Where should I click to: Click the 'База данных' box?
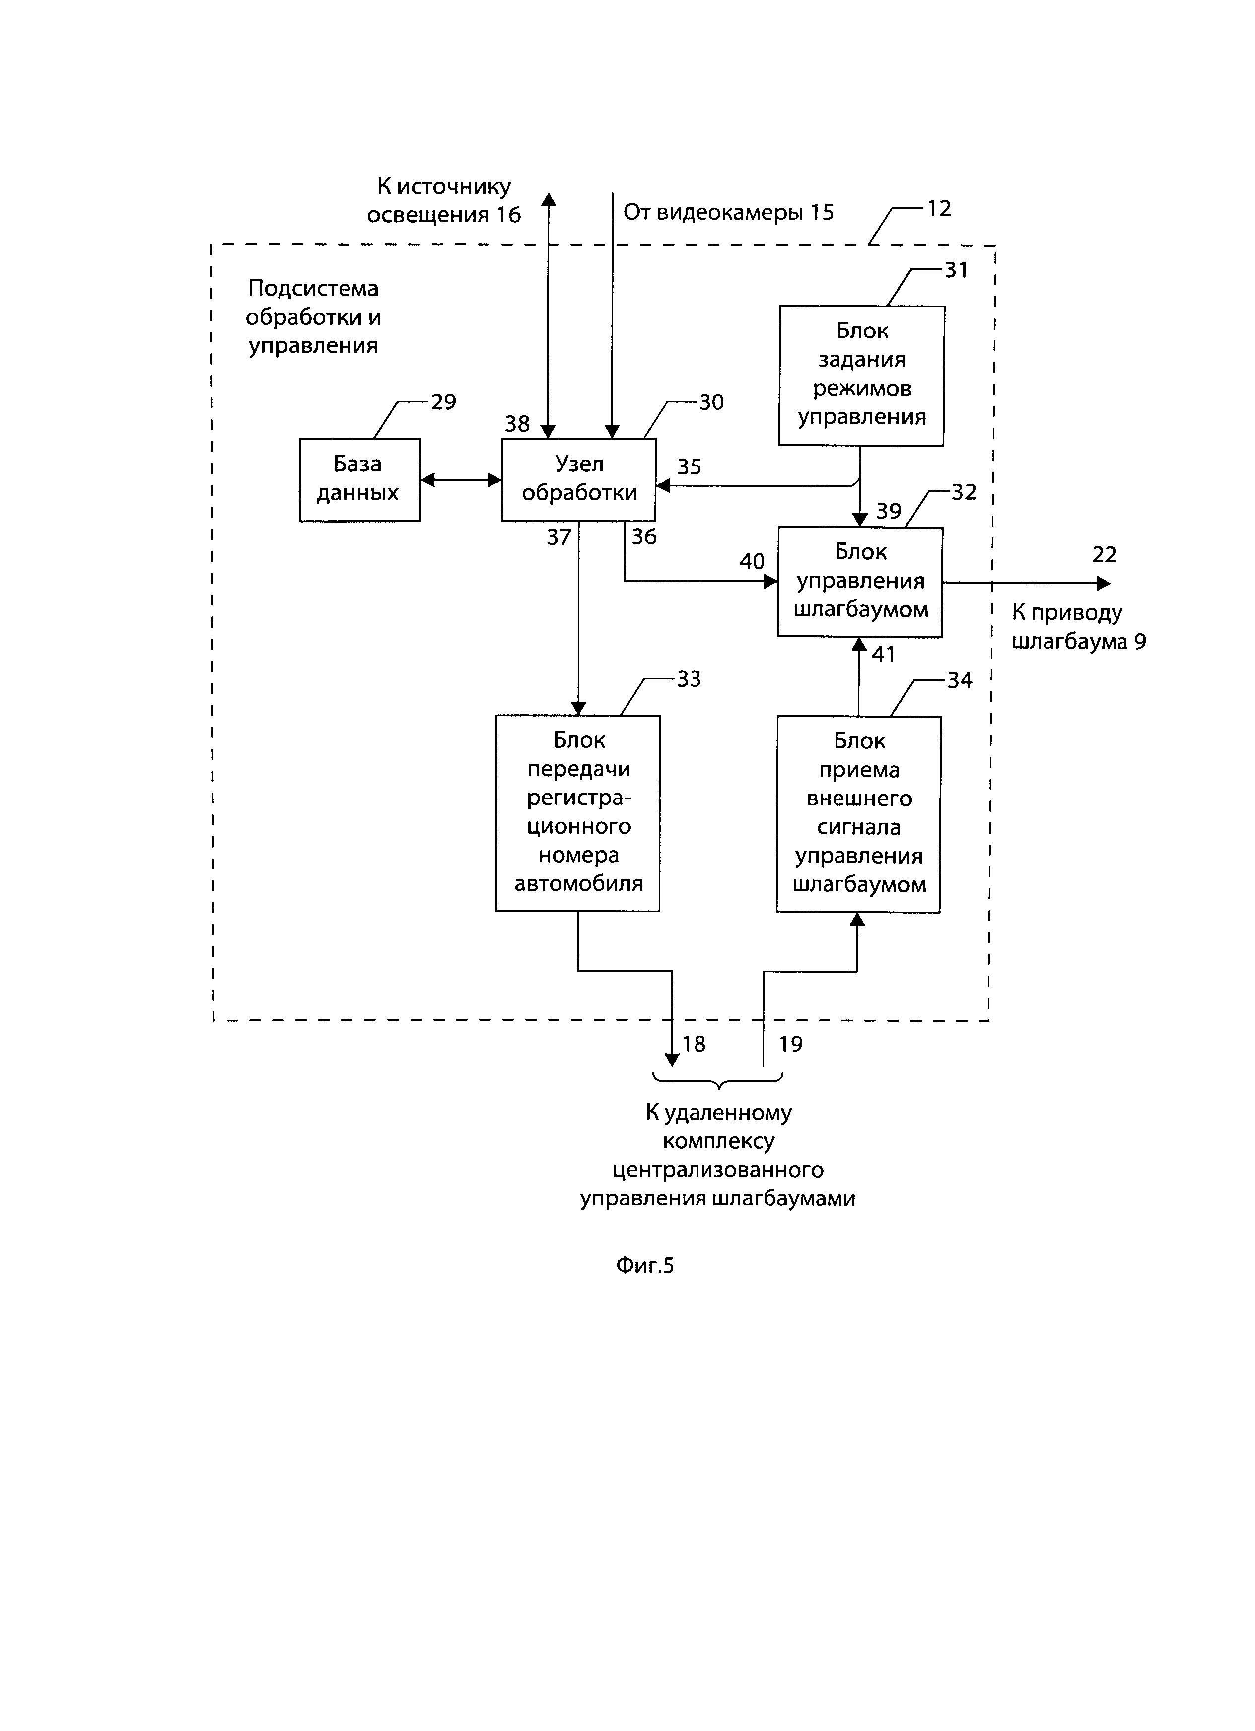coord(359,479)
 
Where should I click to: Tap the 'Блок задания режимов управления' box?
coord(861,376)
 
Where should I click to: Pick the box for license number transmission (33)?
coord(577,813)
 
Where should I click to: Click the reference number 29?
coord(443,401)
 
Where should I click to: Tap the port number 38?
coord(517,424)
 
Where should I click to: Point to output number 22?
coord(1104,555)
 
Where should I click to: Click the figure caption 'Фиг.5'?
coord(644,1266)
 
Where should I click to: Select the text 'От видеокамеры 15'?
coord(728,212)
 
